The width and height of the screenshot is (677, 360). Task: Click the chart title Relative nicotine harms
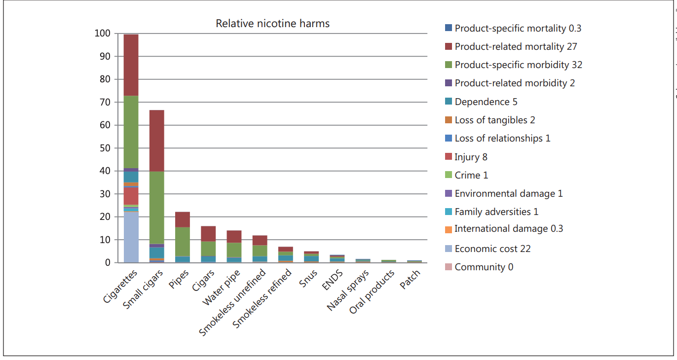click(x=272, y=24)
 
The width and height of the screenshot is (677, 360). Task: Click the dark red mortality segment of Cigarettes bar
click(x=131, y=65)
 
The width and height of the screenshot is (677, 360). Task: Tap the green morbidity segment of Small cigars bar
click(x=157, y=207)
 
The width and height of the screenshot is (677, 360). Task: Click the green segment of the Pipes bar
click(x=183, y=242)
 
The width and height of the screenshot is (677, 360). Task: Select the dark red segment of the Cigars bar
click(x=208, y=234)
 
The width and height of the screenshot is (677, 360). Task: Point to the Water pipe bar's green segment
click(x=234, y=250)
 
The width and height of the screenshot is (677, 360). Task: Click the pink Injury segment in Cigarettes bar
click(x=131, y=196)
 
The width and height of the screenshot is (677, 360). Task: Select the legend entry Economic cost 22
click(x=492, y=249)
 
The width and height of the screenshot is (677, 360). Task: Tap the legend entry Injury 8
click(x=470, y=157)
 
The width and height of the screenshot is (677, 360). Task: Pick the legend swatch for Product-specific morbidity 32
click(x=448, y=65)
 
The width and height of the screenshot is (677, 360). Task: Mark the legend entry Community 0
click(x=483, y=267)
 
